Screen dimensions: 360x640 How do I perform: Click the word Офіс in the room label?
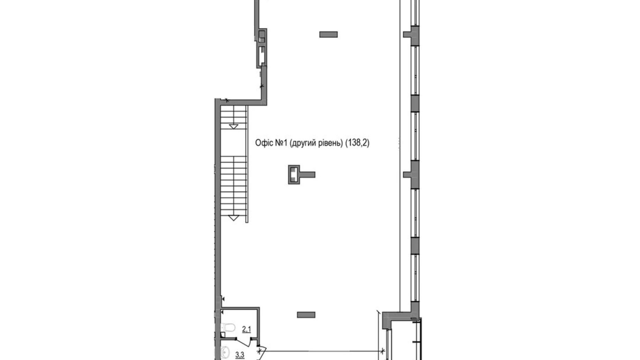coord(264,143)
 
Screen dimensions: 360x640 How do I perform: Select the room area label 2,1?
coord(246,329)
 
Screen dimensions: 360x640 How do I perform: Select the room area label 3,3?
coord(240,355)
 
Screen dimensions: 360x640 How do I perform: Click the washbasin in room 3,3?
coord(226,352)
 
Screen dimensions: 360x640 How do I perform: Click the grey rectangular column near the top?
coord(328,34)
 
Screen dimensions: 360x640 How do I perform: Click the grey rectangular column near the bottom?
coord(306,315)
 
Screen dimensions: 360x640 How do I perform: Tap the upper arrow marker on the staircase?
coord(234,127)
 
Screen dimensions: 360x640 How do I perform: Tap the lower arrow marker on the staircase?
coord(234,218)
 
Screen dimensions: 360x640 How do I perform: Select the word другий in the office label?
coord(302,143)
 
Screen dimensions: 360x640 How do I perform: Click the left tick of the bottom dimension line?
coord(259,351)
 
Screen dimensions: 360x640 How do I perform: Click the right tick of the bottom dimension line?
coord(382,351)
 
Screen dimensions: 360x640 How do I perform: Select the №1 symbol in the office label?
coord(281,143)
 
